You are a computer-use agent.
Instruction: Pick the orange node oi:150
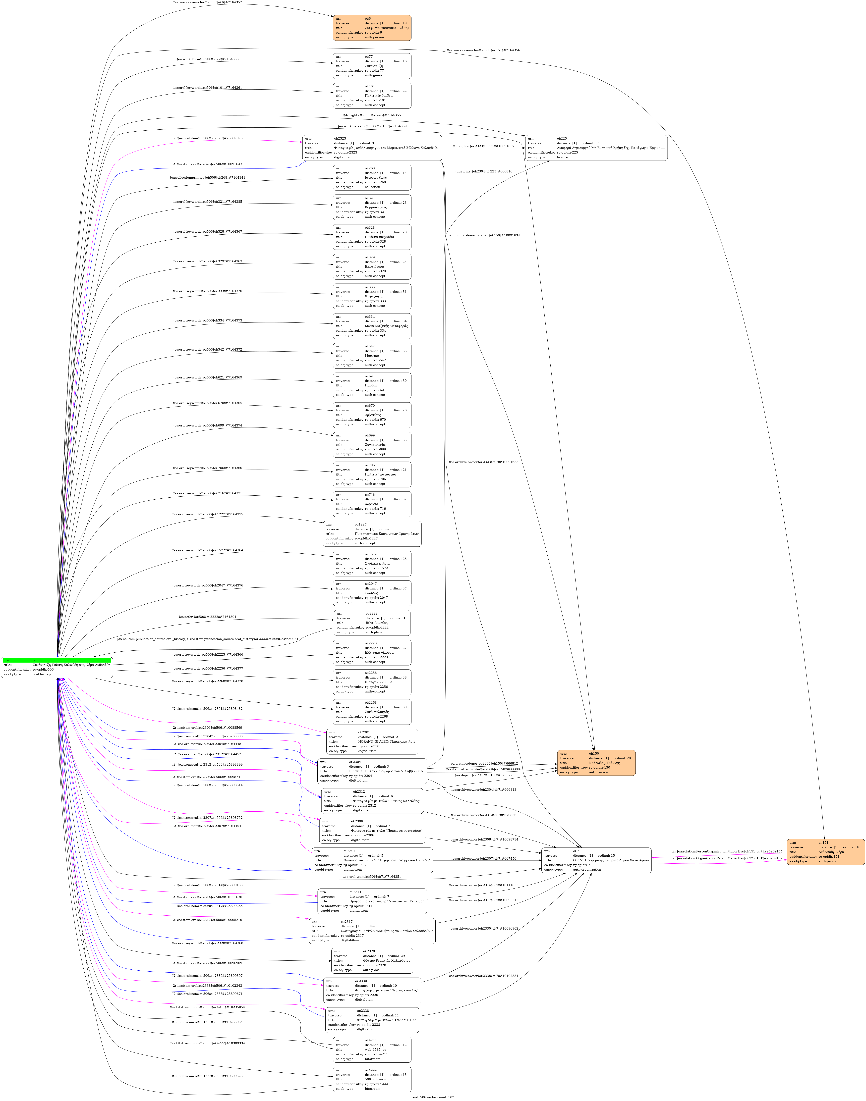tap(596, 763)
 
